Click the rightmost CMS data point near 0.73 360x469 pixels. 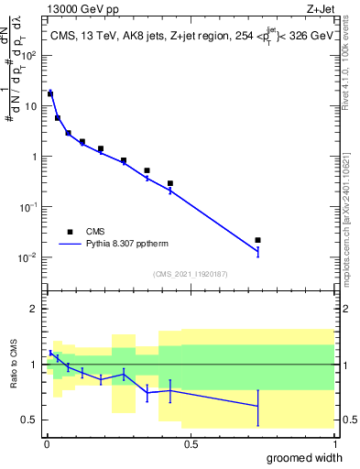[x=258, y=240]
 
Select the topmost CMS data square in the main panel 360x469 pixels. [x=50, y=93]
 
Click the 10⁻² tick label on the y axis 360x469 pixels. [x=29, y=257]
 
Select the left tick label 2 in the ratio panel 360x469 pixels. [x=35, y=309]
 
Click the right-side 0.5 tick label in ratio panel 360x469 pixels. [x=348, y=420]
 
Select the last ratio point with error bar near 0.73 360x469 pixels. [x=258, y=406]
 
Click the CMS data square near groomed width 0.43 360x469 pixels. [x=170, y=183]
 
